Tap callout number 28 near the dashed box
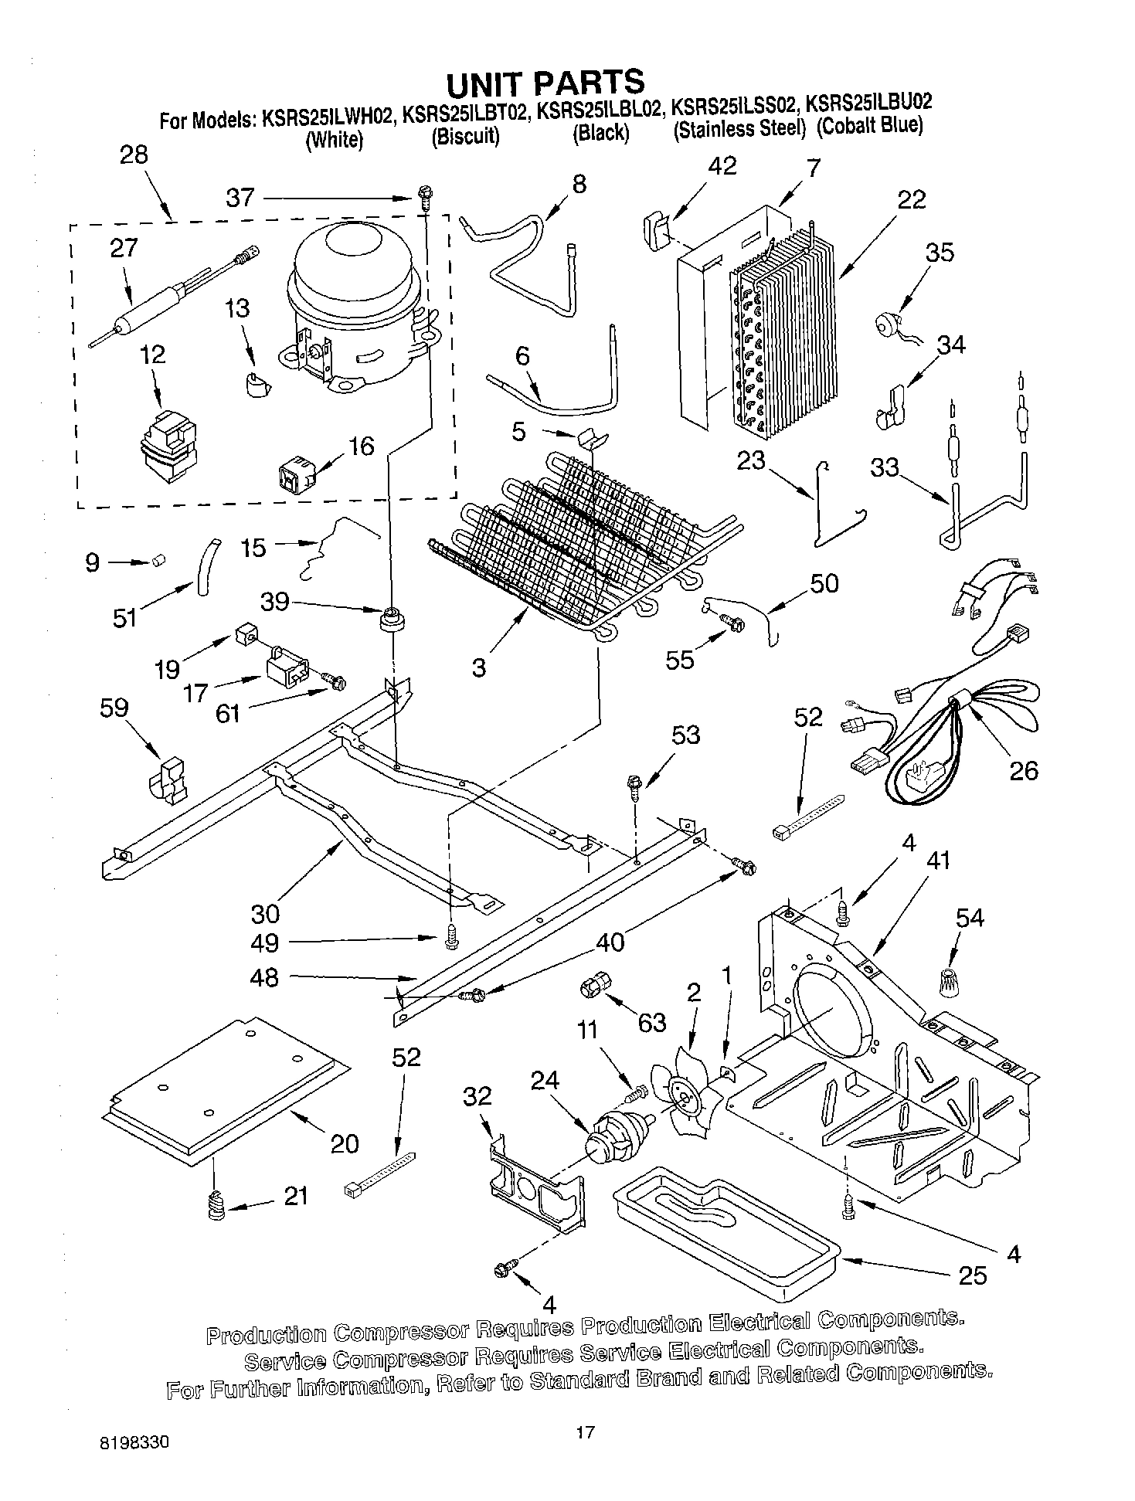pos(134,155)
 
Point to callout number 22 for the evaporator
pos(912,199)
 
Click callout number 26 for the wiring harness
pos(1024,769)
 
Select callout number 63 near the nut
pos(651,1022)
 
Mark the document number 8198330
pos(136,1442)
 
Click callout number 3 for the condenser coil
pos(479,667)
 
